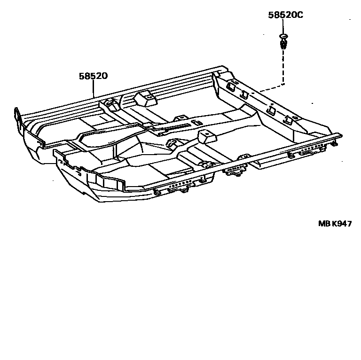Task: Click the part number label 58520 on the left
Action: [x=93, y=76]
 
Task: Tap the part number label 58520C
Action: [x=285, y=15]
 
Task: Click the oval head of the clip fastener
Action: [x=283, y=36]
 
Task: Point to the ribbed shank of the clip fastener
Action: [x=283, y=44]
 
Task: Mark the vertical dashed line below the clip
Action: [x=283, y=67]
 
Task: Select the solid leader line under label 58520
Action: [x=94, y=88]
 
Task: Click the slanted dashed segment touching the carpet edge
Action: [x=272, y=88]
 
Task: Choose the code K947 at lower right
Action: [x=342, y=224]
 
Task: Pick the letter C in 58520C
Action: [x=300, y=15]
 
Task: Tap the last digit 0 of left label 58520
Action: [x=104, y=76]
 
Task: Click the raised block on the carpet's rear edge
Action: [x=145, y=98]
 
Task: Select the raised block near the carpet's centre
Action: [x=207, y=136]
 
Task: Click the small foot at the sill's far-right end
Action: [x=335, y=144]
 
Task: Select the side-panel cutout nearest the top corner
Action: [x=231, y=86]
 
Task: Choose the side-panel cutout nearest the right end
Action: [x=288, y=119]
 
